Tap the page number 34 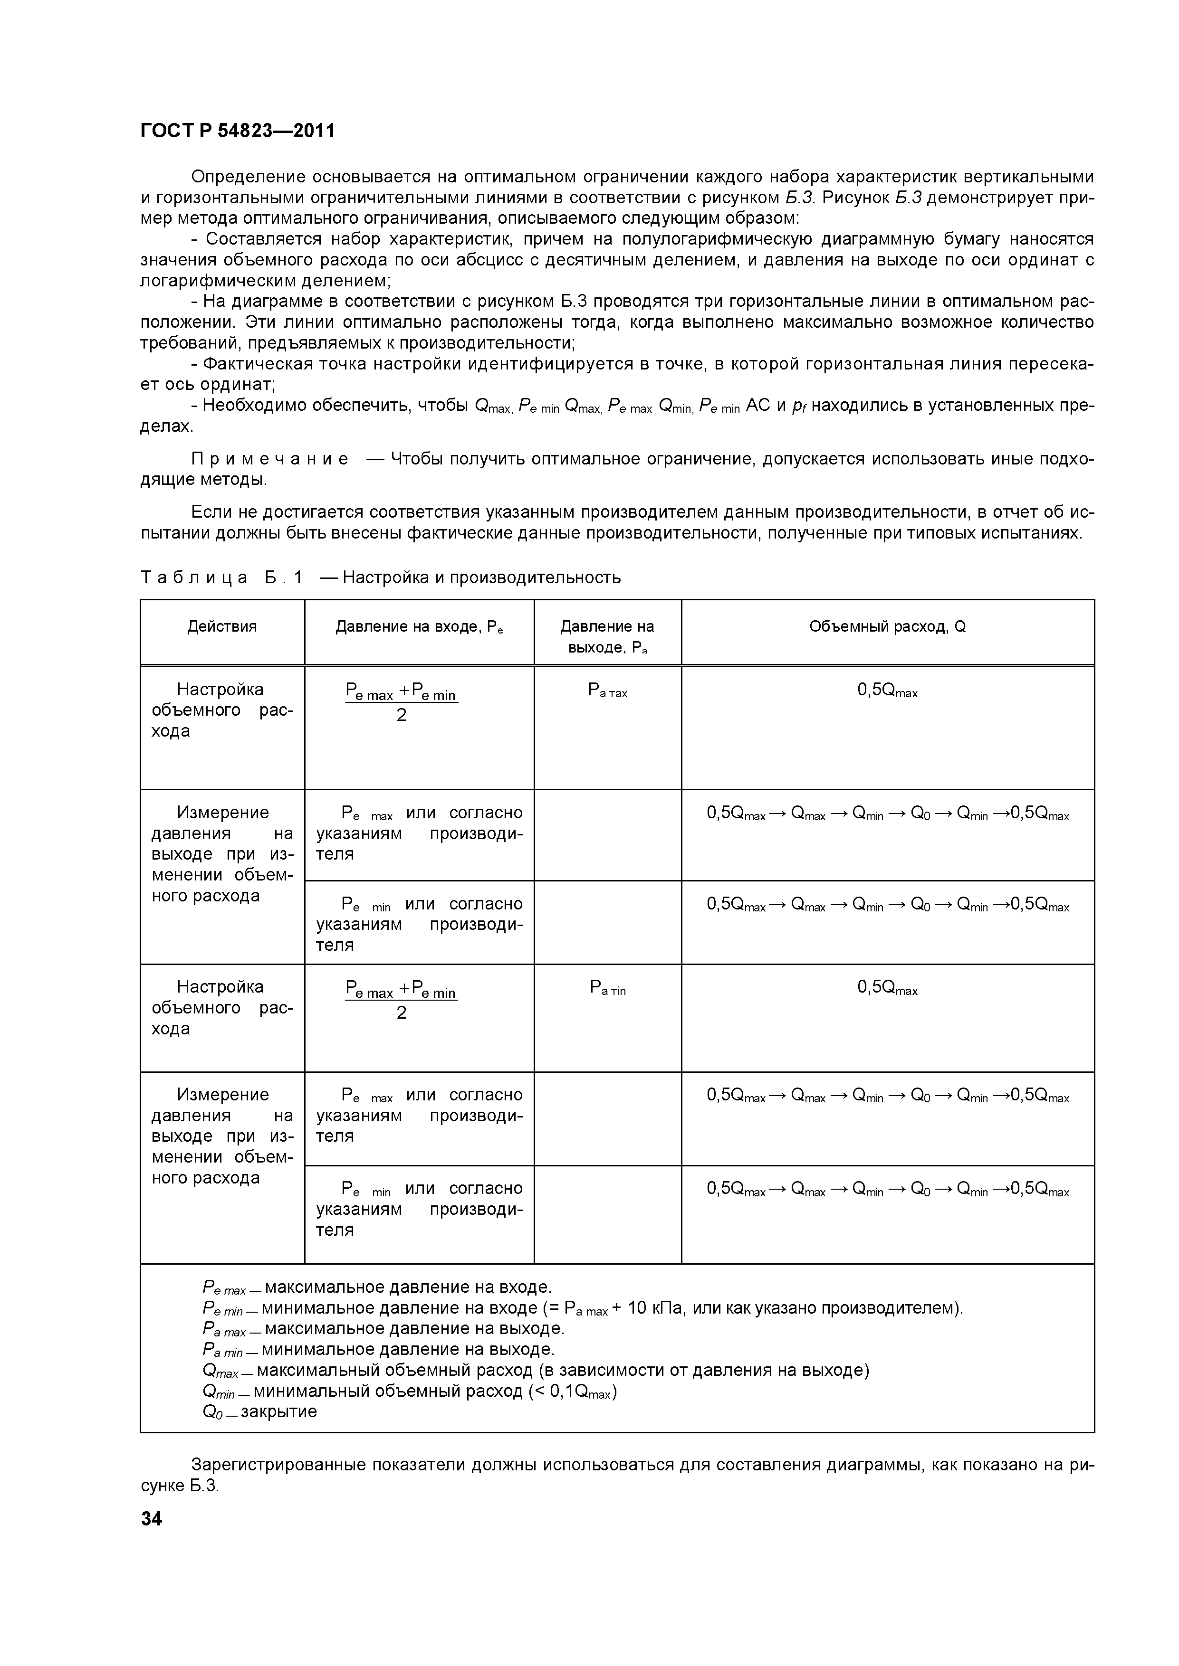click(152, 1518)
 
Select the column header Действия click(222, 626)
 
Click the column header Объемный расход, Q click(887, 626)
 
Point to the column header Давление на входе click(419, 626)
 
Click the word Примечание click(269, 459)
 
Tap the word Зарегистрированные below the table click(278, 1464)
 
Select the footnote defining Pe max click(377, 1287)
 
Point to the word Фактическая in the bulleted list click(257, 363)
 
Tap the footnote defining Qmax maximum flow click(536, 1370)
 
